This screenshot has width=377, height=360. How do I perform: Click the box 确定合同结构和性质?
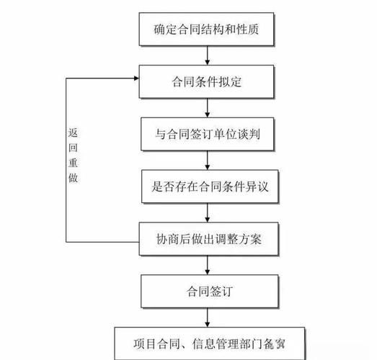(x=208, y=30)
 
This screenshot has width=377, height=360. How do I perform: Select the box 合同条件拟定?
(x=208, y=81)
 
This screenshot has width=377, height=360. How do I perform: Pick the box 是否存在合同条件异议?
(x=208, y=186)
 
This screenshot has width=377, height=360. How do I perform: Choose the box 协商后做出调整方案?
(x=208, y=238)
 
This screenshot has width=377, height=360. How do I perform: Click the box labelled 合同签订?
(x=208, y=291)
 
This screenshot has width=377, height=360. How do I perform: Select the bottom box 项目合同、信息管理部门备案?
(x=208, y=343)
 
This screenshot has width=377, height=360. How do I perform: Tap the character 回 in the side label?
(x=72, y=147)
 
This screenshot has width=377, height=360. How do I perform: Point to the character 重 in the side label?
(x=72, y=162)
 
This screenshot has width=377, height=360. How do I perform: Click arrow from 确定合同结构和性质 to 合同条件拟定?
(x=208, y=55)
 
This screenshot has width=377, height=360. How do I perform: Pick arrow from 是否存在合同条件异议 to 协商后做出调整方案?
(x=208, y=212)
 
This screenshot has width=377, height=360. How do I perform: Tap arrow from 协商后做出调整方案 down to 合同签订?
(x=208, y=264)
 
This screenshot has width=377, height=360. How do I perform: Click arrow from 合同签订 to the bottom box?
(x=208, y=317)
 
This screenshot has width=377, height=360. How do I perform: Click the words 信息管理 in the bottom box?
(x=212, y=343)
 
